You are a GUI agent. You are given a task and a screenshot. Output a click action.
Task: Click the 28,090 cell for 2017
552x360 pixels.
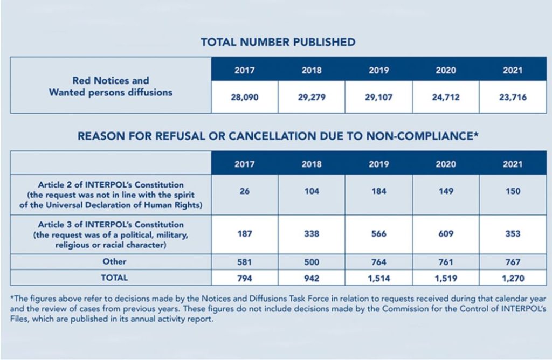[x=244, y=99]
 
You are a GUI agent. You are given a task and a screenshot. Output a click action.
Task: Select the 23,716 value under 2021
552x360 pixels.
[x=512, y=99]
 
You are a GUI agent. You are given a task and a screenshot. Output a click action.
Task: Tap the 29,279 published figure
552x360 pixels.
[x=312, y=99]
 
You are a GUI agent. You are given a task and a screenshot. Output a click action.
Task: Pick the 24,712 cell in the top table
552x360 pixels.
[x=445, y=99]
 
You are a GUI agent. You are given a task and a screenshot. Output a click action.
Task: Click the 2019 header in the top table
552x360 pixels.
[x=378, y=71]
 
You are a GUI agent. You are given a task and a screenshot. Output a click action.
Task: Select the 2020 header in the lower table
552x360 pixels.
[x=445, y=164]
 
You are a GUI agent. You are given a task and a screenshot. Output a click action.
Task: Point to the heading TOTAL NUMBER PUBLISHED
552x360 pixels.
[x=278, y=42]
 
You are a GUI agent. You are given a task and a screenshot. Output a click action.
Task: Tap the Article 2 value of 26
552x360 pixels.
[x=244, y=191]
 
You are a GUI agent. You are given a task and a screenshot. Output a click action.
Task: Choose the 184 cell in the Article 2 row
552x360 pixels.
[x=378, y=191]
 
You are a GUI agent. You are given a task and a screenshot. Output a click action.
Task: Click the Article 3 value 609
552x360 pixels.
[x=445, y=234]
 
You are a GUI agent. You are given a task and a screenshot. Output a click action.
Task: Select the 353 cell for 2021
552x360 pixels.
[x=512, y=234]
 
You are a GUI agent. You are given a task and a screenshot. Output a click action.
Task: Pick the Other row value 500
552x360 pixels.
[x=312, y=262]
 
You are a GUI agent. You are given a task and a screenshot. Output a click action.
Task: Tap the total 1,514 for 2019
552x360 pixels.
[x=378, y=279]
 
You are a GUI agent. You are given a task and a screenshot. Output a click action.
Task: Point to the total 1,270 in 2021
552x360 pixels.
[x=512, y=279]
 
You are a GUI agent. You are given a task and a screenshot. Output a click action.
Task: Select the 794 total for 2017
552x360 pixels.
[x=244, y=279]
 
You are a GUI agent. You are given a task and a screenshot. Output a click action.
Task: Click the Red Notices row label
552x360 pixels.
[x=111, y=86]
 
